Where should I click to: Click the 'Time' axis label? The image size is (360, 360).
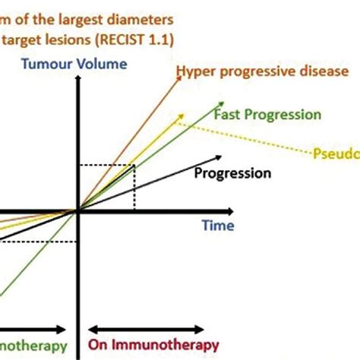pyautogui.click(x=218, y=226)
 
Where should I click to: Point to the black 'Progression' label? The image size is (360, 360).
pyautogui.click(x=232, y=173)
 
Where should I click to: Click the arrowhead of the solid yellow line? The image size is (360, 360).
pyautogui.click(x=182, y=116)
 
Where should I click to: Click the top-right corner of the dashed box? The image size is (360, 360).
pyautogui.click(x=135, y=166)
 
